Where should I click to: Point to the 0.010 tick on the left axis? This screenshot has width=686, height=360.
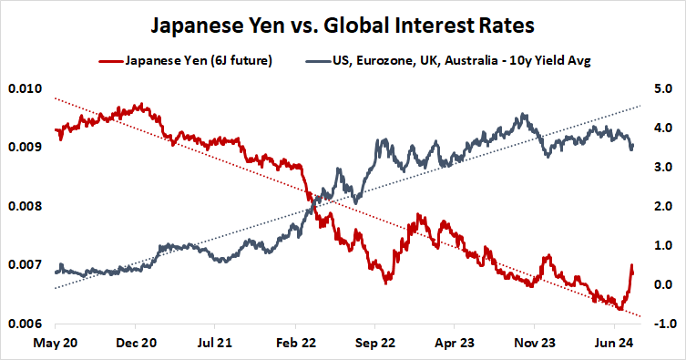tap(24, 88)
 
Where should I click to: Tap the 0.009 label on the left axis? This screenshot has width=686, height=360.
tap(24, 147)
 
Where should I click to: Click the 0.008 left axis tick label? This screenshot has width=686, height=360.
tap(24, 206)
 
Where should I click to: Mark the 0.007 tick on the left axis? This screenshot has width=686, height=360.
tap(24, 264)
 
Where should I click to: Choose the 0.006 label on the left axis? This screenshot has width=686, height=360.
tap(24, 324)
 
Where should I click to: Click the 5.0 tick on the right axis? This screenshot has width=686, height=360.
tap(660, 88)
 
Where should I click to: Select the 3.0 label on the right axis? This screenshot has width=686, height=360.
tap(660, 167)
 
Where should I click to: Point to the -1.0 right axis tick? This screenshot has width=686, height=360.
tap(659, 324)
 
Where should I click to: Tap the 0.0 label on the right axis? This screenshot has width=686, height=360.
tap(660, 284)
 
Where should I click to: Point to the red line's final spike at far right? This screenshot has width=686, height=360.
tap(632, 266)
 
